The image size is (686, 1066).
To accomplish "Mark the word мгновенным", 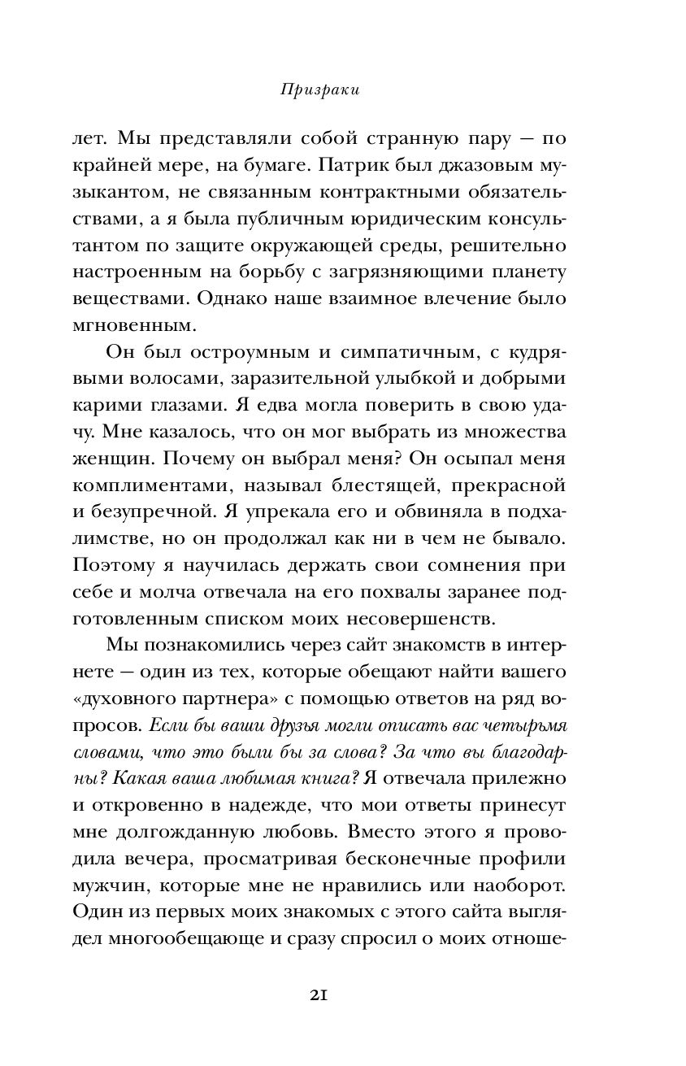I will tap(122, 325).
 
